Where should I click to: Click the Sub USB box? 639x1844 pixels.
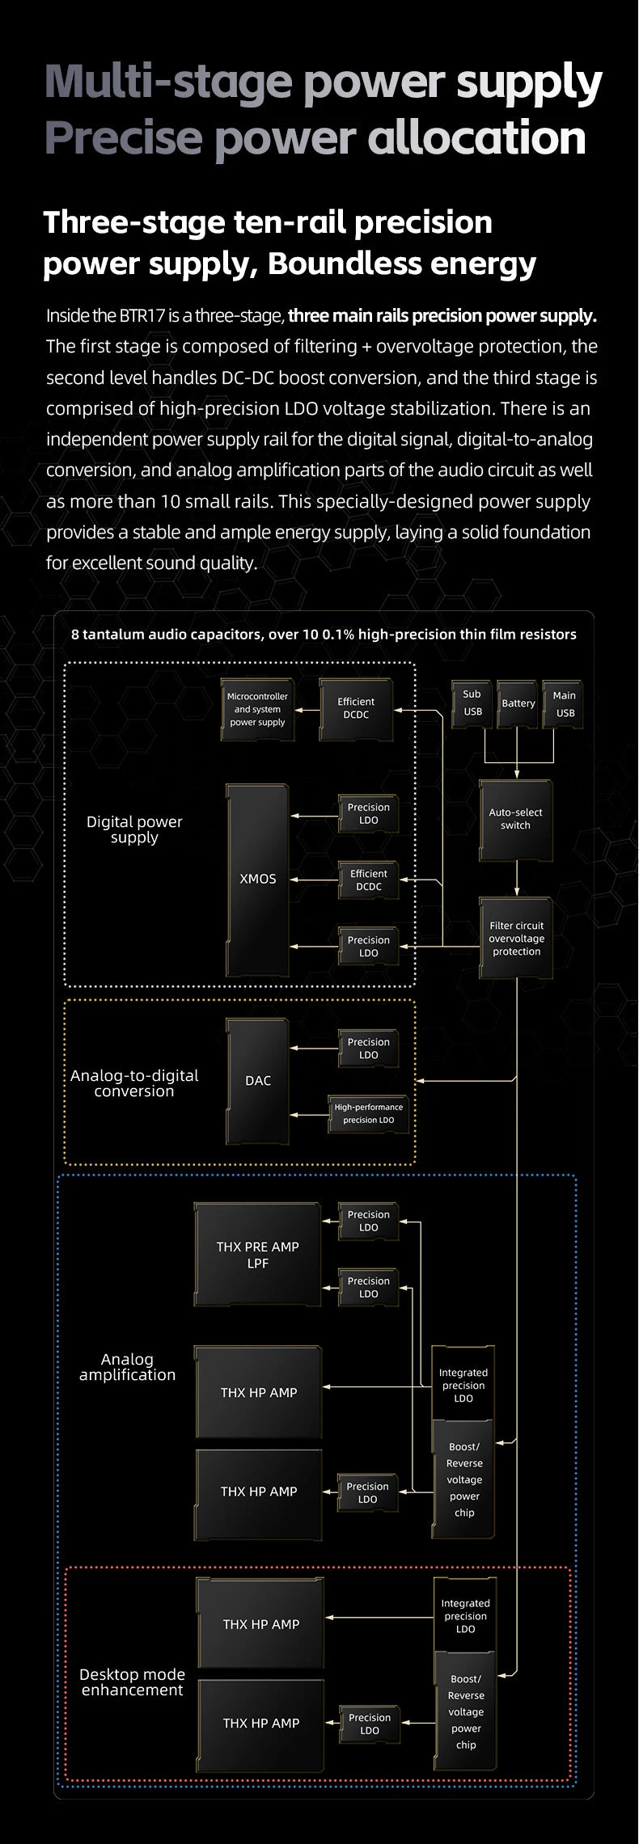point(472,703)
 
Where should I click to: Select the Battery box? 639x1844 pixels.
point(518,703)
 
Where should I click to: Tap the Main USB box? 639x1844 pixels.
point(565,703)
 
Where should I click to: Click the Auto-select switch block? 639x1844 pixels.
point(515,819)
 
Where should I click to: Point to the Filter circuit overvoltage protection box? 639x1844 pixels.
point(516,938)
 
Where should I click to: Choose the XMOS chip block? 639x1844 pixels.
point(257,880)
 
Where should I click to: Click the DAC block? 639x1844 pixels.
point(257,1081)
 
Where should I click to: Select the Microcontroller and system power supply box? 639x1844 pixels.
point(257,709)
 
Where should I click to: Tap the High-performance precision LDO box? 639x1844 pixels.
point(368,1113)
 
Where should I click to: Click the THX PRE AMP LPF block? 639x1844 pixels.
point(257,1255)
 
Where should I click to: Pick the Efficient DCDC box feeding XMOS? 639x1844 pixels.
point(368,880)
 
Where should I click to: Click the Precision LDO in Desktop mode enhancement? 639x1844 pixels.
point(369,1724)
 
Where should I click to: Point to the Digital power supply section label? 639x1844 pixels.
point(134,829)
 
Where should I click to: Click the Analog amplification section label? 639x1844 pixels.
point(127,1367)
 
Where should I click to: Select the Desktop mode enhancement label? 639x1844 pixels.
point(132,1682)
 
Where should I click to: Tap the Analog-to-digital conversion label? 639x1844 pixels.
point(133,1083)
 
